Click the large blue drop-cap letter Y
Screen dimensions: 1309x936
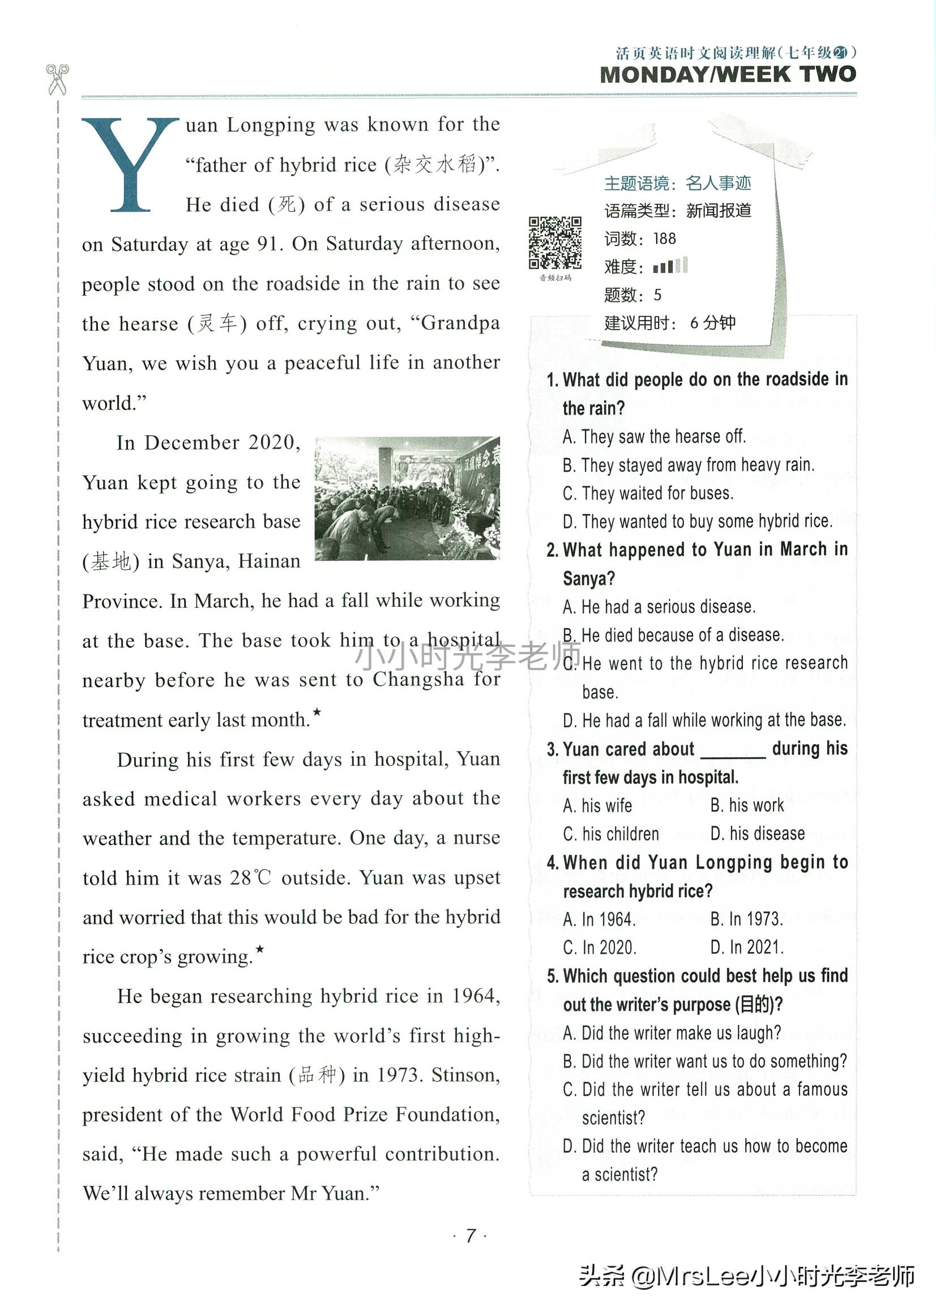130,164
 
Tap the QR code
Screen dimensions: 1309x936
555,242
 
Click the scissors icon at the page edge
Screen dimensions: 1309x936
57,79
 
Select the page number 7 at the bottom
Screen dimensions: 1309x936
471,1235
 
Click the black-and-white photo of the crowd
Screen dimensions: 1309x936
407,498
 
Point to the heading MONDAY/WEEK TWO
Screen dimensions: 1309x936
728,75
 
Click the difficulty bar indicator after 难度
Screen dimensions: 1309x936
670,266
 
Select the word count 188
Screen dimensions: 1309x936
664,238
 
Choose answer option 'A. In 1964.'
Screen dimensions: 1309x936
600,919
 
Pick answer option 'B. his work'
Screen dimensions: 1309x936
747,805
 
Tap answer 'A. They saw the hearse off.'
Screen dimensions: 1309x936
654,436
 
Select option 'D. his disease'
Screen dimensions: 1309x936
757,833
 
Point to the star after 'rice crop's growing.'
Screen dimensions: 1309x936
260,948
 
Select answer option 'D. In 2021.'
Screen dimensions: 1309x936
747,948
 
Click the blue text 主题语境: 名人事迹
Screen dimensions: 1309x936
677,184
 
